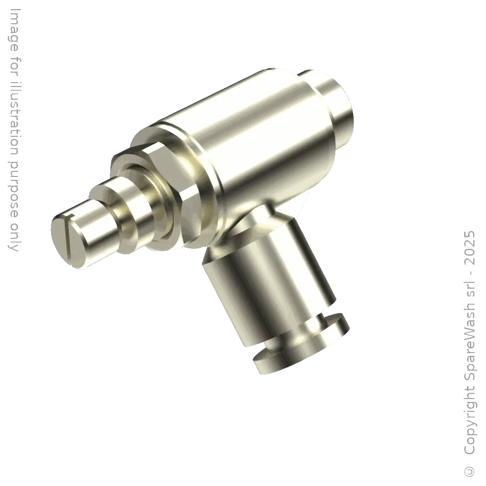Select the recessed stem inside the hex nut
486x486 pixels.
pyautogui.click(x=146, y=194)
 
